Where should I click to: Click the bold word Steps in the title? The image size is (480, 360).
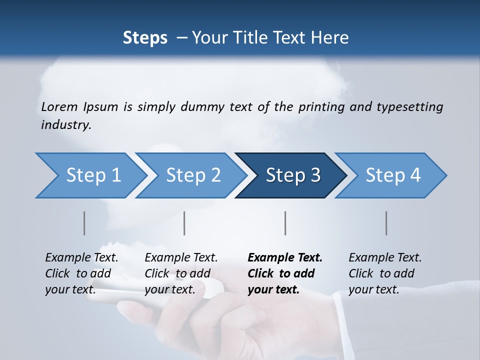[145, 37]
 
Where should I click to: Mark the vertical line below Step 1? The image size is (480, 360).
[84, 223]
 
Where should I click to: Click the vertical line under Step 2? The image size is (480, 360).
[184, 223]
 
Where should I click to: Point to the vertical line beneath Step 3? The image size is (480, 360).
[285, 223]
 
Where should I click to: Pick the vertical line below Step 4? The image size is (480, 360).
[386, 223]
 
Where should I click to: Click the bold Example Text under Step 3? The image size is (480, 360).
[285, 258]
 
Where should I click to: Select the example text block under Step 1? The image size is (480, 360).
[81, 273]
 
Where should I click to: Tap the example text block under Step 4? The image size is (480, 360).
[385, 273]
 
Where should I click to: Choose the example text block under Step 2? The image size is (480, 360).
[181, 273]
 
